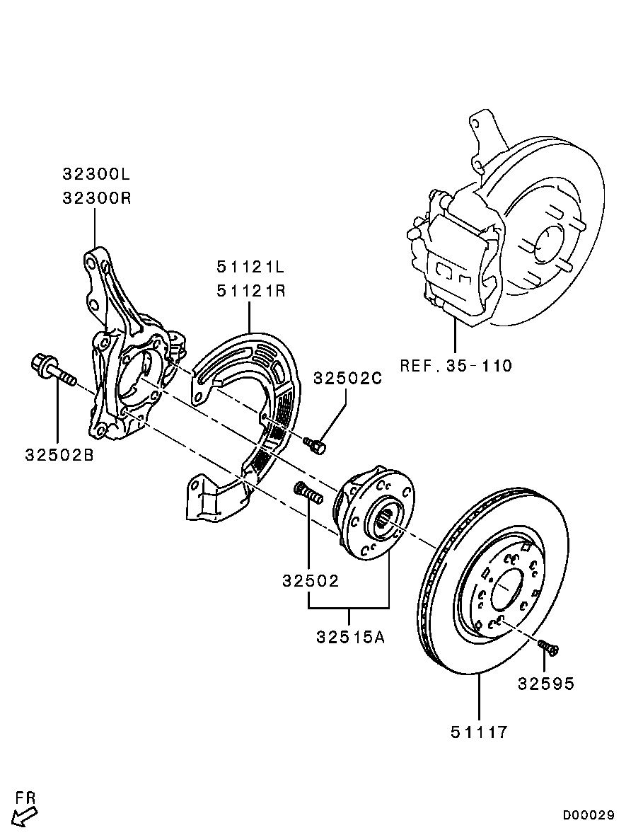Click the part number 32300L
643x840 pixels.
pyautogui.click(x=96, y=174)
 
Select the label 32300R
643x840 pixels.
pyautogui.click(x=96, y=198)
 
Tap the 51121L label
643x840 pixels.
pyautogui.click(x=250, y=266)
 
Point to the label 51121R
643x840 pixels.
pyautogui.click(x=250, y=291)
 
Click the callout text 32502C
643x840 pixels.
pyautogui.click(x=348, y=378)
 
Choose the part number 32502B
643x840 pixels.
pyautogui.click(x=59, y=455)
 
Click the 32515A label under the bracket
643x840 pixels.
pyautogui.click(x=351, y=638)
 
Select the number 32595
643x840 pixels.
pyautogui.click(x=546, y=684)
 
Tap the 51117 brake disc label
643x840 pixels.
pyautogui.click(x=479, y=732)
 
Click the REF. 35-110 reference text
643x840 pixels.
pyautogui.click(x=456, y=366)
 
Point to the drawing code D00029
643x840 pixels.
pyautogui.click(x=588, y=815)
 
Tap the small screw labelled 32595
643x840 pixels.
pyautogui.click(x=548, y=648)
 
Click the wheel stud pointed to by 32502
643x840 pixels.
pyautogui.click(x=308, y=493)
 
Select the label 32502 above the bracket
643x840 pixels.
pyautogui.click(x=311, y=581)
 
